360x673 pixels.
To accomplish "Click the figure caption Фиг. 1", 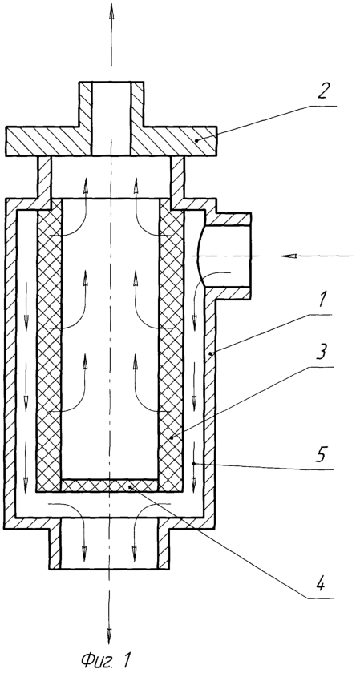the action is (x=105, y=659).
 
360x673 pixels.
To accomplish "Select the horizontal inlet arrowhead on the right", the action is (x=289, y=256).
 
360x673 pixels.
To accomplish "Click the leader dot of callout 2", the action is (x=196, y=139).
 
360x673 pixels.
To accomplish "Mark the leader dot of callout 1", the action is (x=210, y=353).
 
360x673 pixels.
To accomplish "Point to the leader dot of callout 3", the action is (x=171, y=437).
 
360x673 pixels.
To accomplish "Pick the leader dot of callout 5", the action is (x=194, y=464).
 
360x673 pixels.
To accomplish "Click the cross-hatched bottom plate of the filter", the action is (x=110, y=486).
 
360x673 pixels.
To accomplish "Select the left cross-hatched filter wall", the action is (x=50, y=345).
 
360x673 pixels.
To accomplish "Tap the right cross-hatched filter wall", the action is (x=171, y=345).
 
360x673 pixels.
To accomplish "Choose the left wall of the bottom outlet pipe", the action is (x=55, y=544).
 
